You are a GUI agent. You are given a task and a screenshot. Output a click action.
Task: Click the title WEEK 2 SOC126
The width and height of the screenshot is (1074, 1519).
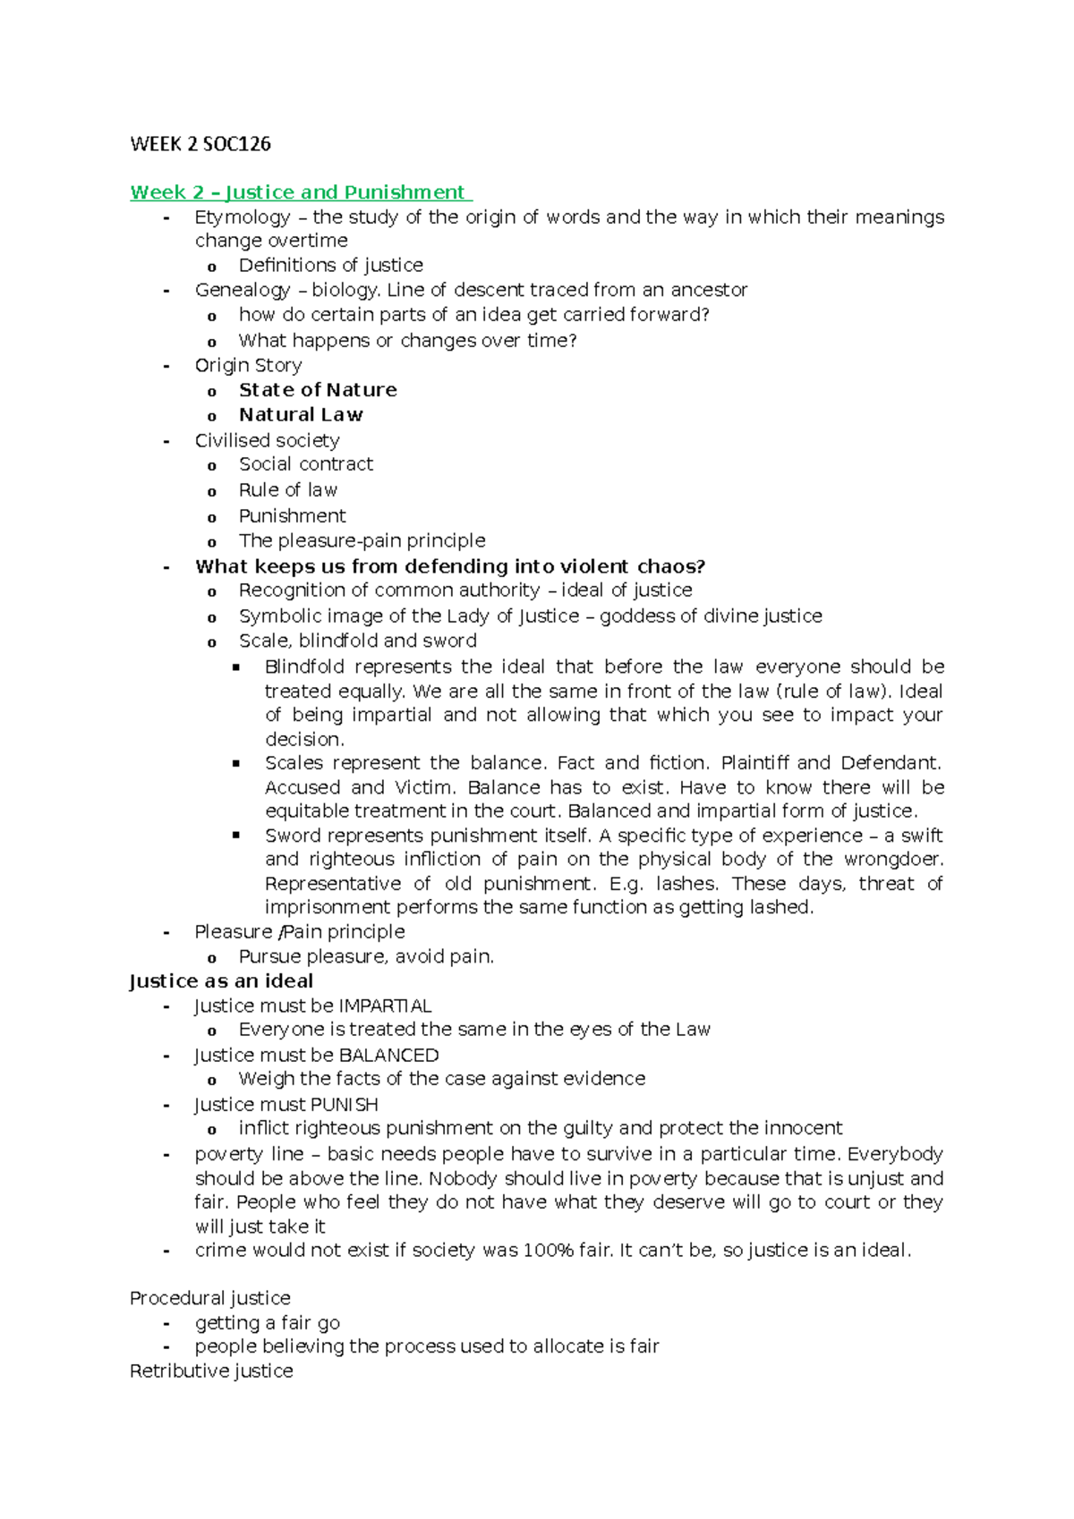coord(200,144)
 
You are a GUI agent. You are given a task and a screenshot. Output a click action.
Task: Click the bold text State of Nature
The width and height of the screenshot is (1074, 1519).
coord(318,390)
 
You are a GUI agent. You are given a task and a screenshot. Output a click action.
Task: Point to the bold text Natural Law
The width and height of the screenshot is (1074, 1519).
coord(301,415)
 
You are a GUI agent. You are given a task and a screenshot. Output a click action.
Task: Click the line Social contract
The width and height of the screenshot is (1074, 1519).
coord(305,464)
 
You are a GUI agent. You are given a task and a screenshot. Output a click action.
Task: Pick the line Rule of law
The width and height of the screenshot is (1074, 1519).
coord(287,490)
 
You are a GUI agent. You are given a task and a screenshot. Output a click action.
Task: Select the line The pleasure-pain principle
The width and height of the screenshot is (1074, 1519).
coord(362,540)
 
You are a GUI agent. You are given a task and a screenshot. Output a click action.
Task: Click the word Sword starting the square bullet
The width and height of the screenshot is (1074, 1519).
coord(293,836)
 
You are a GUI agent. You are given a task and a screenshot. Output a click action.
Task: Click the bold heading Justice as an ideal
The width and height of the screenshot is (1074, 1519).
coord(221,981)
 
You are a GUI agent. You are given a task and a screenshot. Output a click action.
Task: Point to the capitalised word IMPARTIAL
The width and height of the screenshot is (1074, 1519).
coord(386,1006)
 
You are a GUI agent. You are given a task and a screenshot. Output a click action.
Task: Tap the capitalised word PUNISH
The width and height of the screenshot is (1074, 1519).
coord(345,1105)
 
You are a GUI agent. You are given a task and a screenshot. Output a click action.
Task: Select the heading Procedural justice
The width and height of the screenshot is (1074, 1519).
coord(210,1298)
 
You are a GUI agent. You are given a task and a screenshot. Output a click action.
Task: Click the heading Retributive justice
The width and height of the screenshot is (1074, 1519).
coord(211,1371)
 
